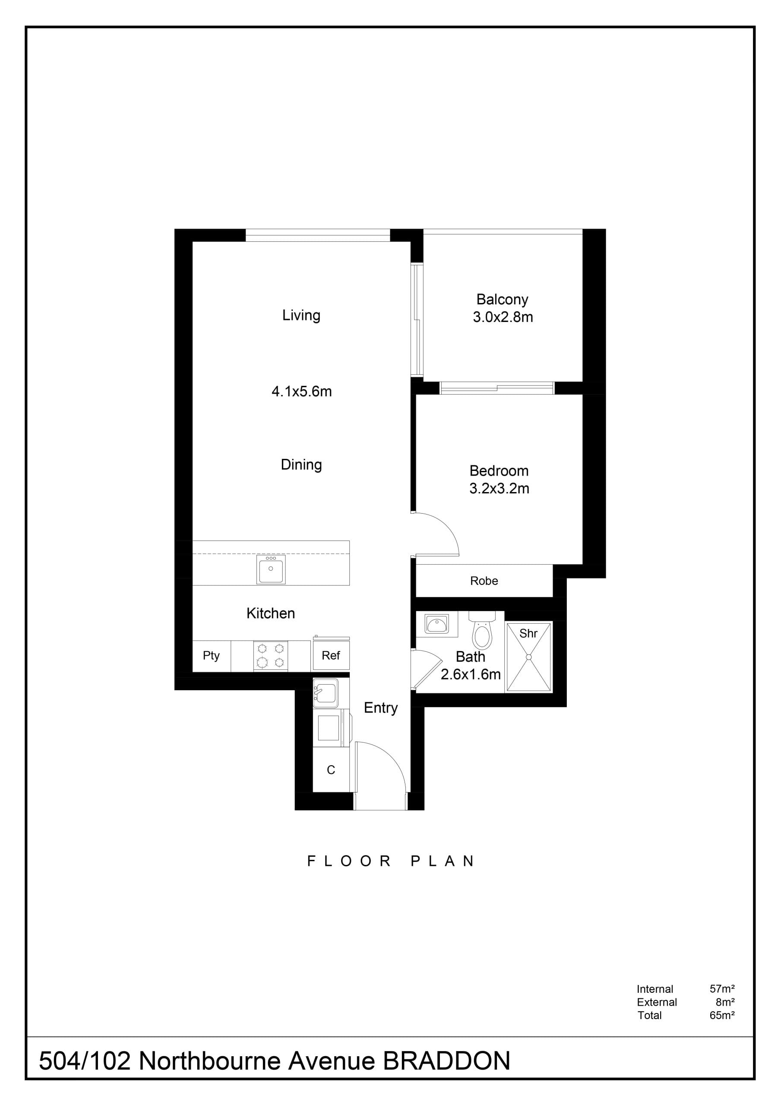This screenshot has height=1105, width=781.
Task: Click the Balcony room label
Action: click(502, 300)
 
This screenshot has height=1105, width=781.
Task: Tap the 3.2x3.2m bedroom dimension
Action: click(500, 489)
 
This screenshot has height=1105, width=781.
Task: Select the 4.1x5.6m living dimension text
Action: click(301, 391)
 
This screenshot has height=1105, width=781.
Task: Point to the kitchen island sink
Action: click(271, 569)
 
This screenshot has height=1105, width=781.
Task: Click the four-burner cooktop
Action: click(271, 656)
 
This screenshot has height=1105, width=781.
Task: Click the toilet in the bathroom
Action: click(482, 629)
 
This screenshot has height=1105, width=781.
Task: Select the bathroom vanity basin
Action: click(437, 625)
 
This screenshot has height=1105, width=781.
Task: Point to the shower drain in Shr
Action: click(529, 657)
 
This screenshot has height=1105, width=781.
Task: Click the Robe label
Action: click(484, 581)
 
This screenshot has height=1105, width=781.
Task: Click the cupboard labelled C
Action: click(331, 770)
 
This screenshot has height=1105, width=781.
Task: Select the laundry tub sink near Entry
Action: click(326, 694)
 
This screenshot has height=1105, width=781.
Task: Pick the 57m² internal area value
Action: click(722, 988)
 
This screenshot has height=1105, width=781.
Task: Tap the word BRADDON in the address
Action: click(446, 1061)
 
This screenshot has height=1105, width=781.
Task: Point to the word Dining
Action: click(301, 465)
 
